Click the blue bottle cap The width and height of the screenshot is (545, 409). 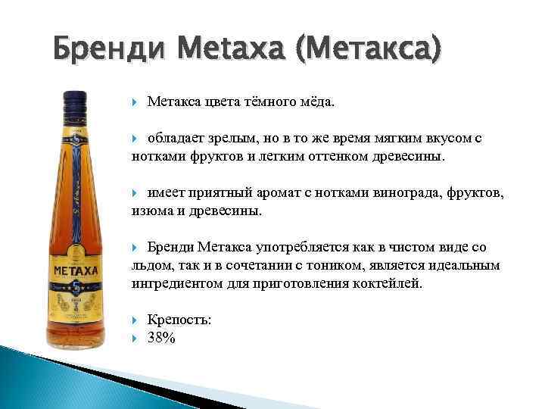(x=76, y=106)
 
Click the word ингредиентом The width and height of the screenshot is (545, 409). (x=175, y=284)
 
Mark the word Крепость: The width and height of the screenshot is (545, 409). (x=179, y=320)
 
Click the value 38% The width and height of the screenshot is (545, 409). (x=161, y=339)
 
